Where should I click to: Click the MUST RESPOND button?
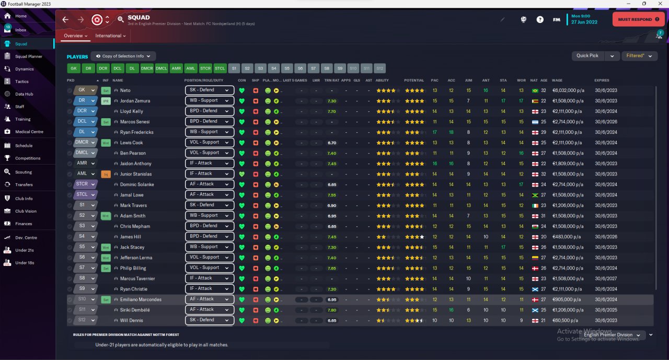tap(638, 19)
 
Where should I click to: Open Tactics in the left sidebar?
tap(22, 82)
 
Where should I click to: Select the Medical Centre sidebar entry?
tap(29, 132)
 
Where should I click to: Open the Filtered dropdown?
tap(639, 55)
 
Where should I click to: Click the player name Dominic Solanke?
tap(137, 184)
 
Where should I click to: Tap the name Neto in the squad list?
tap(125, 90)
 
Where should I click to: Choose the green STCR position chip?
tap(205, 68)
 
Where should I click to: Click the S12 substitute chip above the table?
tap(379, 68)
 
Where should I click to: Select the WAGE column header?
tap(557, 80)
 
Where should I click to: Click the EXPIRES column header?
tap(602, 80)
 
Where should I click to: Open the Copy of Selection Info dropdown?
tap(123, 56)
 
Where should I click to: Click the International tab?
tap(110, 36)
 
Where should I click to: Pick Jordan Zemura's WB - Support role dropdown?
tap(209, 100)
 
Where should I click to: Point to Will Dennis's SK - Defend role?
tap(209, 320)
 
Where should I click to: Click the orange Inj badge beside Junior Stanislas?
tap(106, 174)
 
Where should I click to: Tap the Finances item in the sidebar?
tap(24, 224)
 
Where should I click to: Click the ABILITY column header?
tap(382, 80)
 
